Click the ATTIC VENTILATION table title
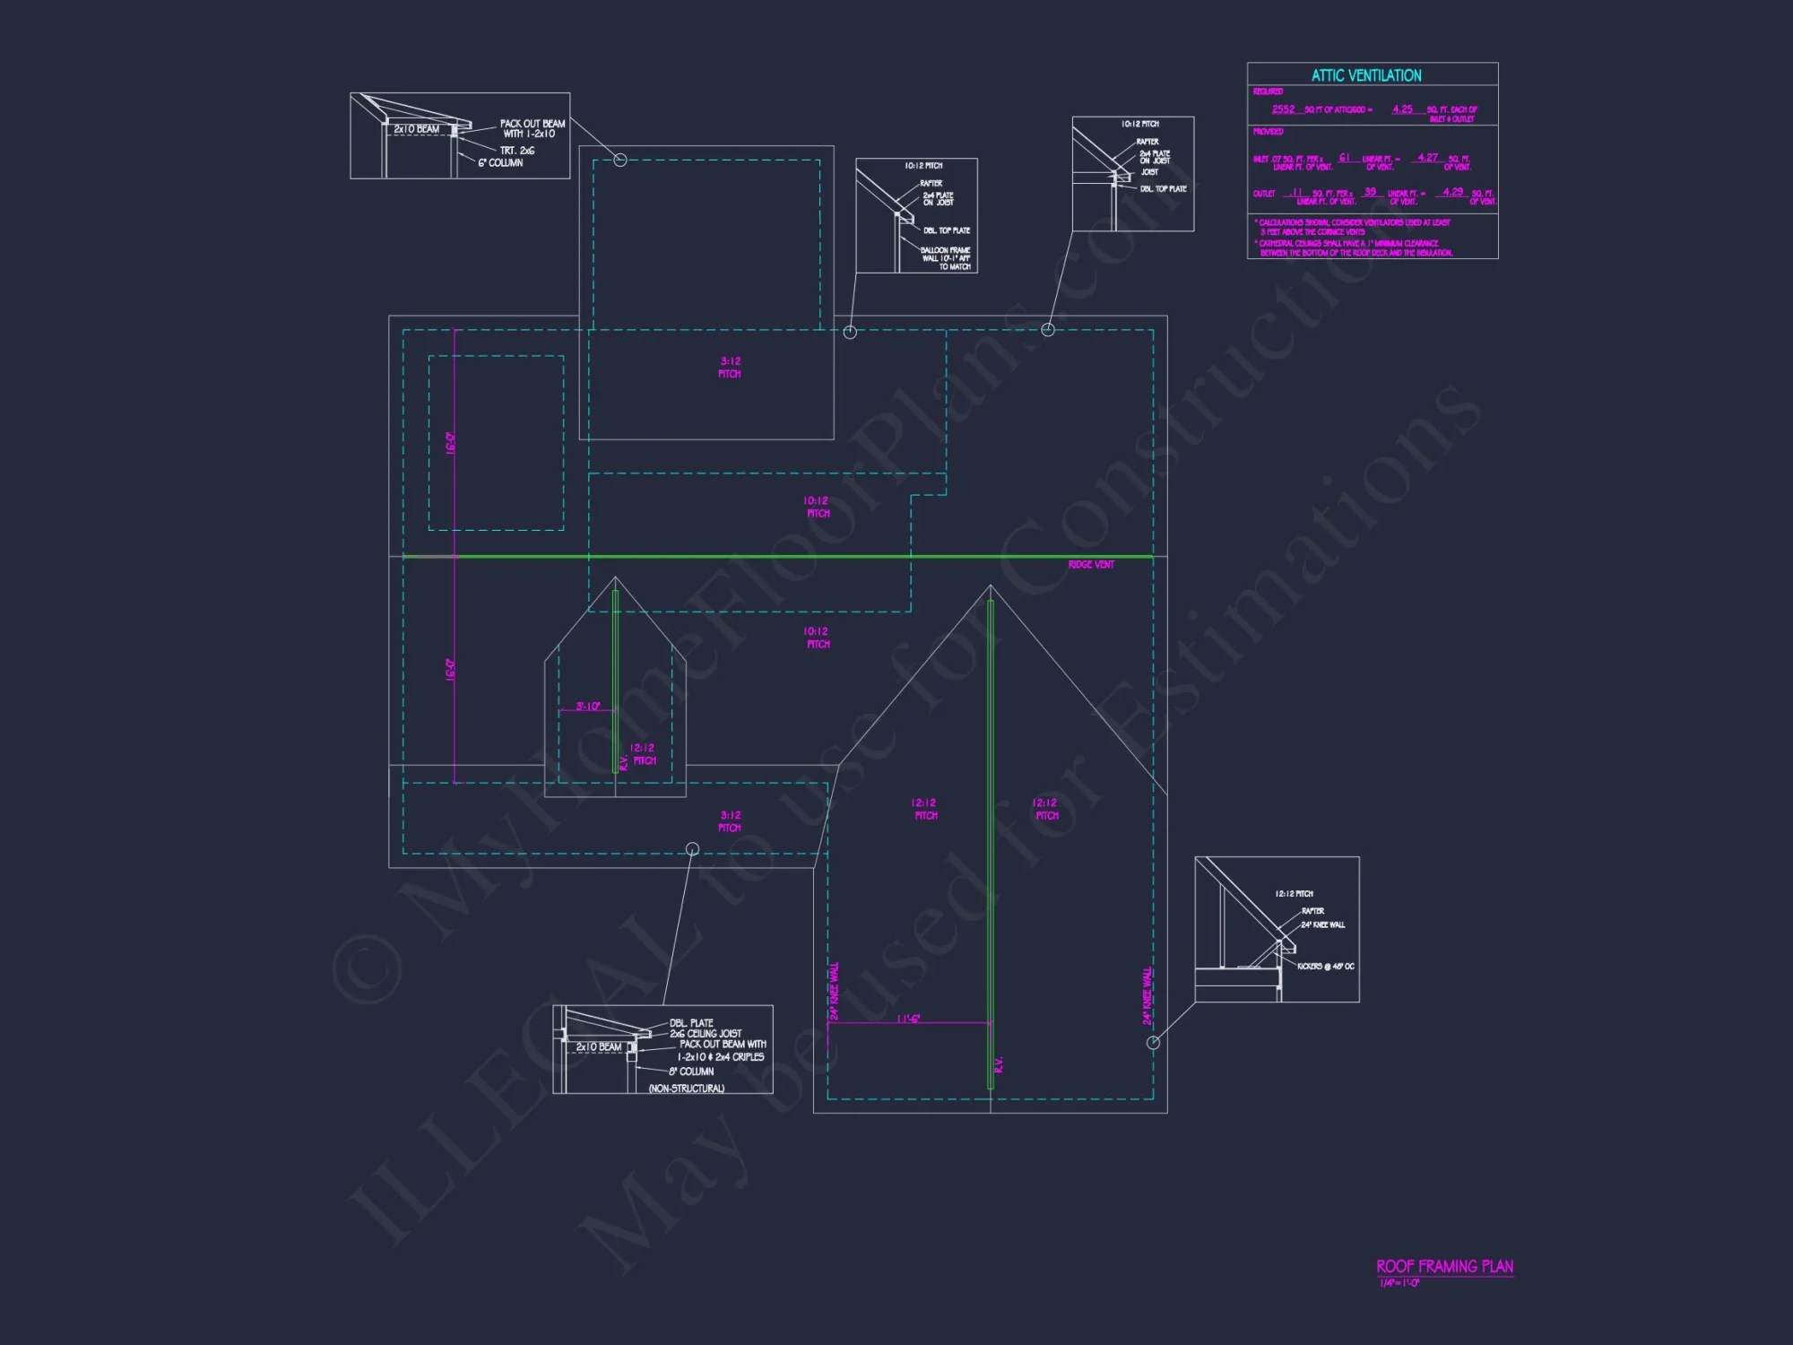pos(1366,76)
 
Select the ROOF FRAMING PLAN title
pos(1444,1266)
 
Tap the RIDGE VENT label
pos(1091,565)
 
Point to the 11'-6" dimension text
pos(908,1019)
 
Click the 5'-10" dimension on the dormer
pos(588,707)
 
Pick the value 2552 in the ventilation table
pos(1283,109)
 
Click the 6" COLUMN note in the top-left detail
pos(500,163)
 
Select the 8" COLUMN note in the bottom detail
pos(691,1072)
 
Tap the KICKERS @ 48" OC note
pos(1325,967)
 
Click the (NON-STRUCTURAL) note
pos(686,1089)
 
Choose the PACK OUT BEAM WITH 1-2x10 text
pos(532,129)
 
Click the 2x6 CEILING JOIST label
pos(706,1034)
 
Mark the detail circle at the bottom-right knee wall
pos(1154,1042)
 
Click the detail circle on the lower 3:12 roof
pos(692,848)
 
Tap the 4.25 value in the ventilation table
pos(1402,109)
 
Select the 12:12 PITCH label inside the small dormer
pos(643,754)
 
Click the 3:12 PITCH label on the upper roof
pos(730,368)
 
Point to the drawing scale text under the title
pos(1399,1283)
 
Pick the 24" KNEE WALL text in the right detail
pos(1322,925)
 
